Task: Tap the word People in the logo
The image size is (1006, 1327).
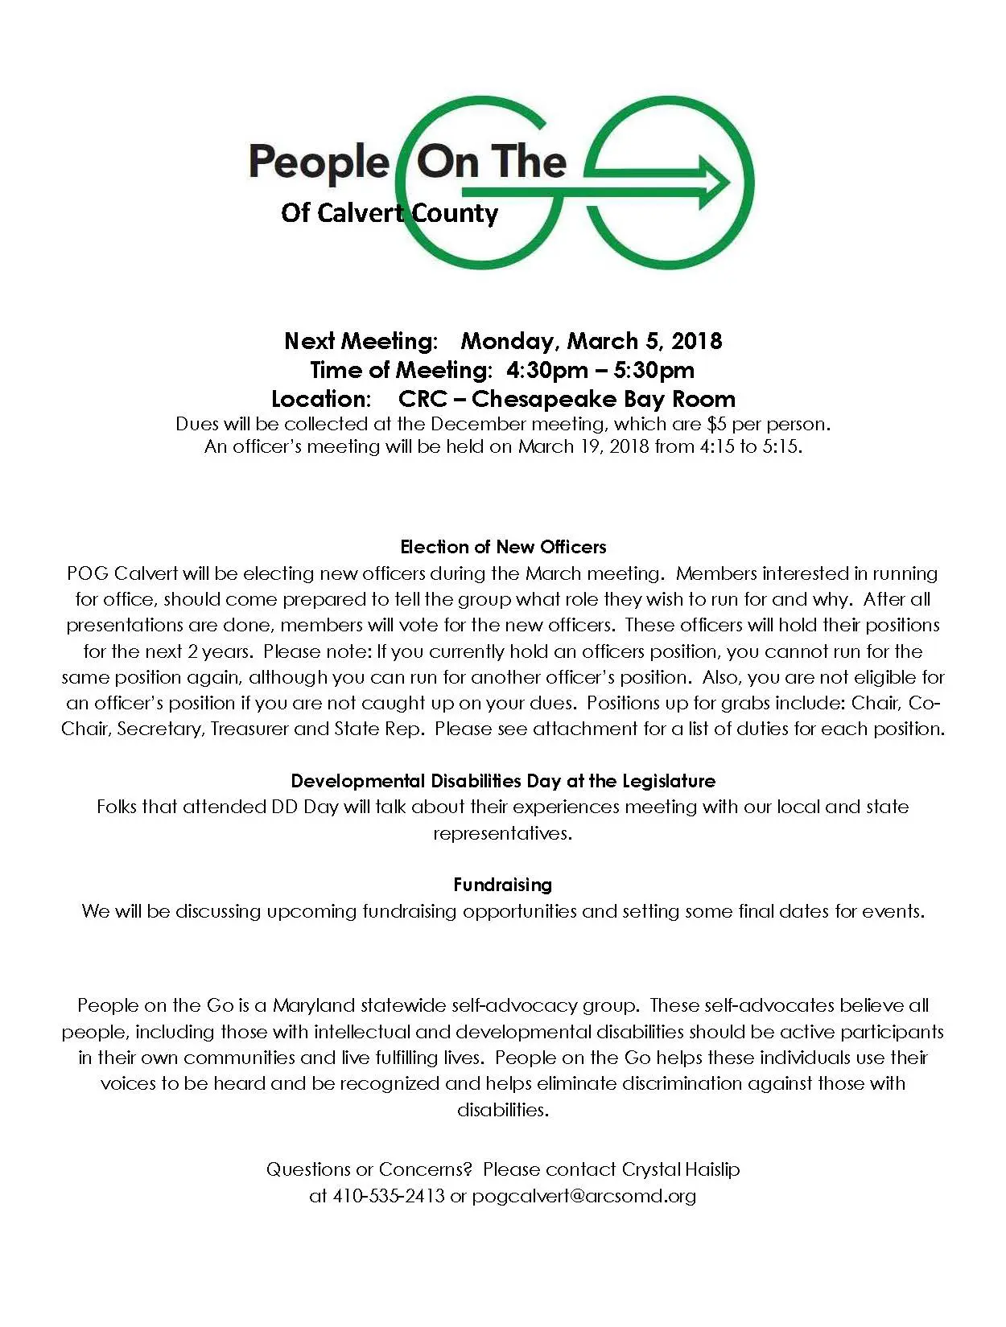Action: (x=319, y=162)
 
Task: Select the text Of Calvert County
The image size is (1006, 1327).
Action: (x=390, y=213)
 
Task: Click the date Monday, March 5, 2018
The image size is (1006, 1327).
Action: (x=591, y=341)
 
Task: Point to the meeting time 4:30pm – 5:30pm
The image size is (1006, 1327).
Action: (x=600, y=370)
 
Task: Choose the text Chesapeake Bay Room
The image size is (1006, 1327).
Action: (x=603, y=399)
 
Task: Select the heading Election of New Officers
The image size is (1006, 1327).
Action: (x=503, y=547)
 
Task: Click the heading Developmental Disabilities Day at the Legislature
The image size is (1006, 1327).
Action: (x=503, y=781)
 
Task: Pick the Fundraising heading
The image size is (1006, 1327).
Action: (x=503, y=885)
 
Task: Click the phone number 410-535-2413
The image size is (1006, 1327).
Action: (x=389, y=1196)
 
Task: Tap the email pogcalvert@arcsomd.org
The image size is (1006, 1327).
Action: (x=583, y=1196)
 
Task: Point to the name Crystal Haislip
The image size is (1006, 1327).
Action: (x=680, y=1169)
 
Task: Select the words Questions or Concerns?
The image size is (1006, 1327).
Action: (x=369, y=1169)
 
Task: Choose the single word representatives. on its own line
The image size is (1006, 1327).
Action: (x=503, y=833)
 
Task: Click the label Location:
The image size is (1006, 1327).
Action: (x=321, y=399)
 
